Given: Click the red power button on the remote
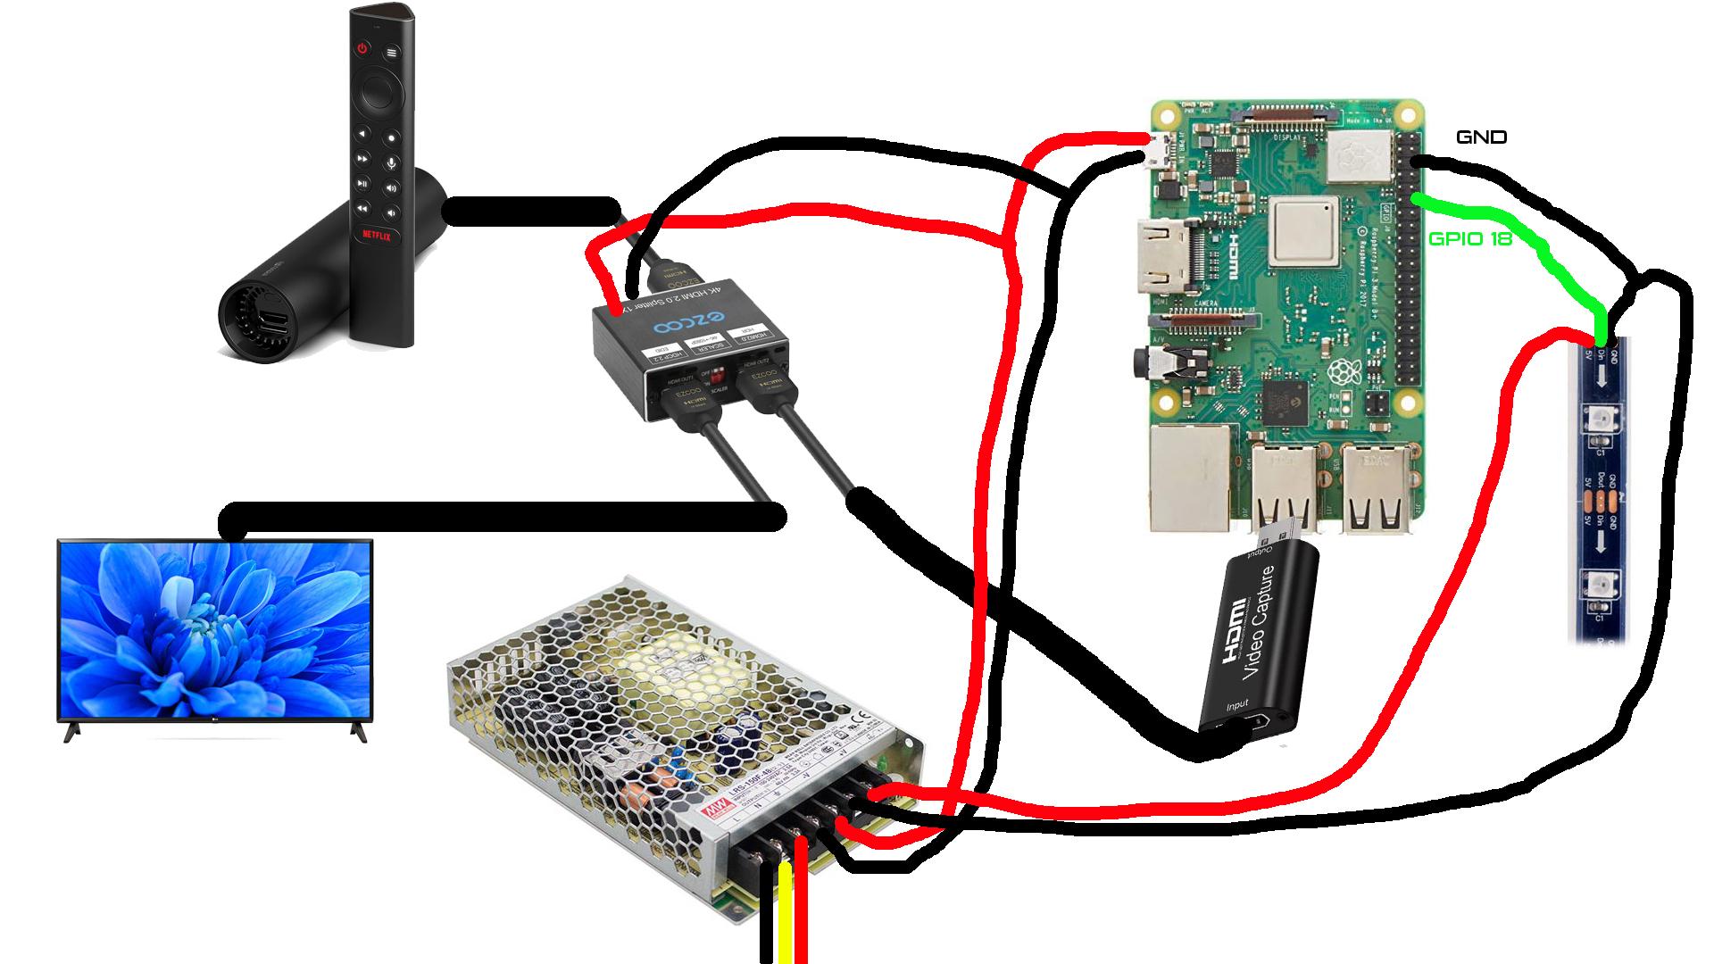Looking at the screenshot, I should click(362, 48).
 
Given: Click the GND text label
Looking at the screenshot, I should click(1481, 137).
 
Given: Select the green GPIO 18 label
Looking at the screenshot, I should click(1469, 239).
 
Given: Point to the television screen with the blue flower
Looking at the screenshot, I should click(215, 628).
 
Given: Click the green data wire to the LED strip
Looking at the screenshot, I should click(1535, 241).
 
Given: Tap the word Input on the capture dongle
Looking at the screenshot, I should click(1238, 706).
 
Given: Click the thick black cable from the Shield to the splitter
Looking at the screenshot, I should click(532, 212).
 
